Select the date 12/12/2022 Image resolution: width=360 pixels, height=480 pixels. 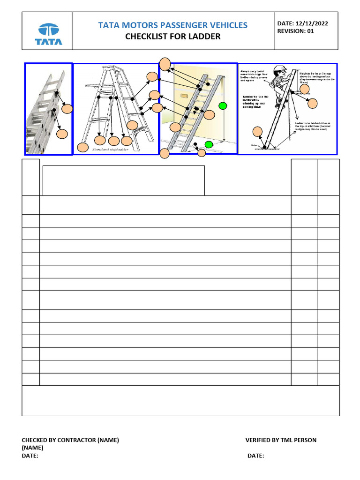tap(315, 23)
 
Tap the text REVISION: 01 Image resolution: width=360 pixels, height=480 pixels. tap(296, 31)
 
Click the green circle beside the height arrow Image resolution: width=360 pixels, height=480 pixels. tap(223, 105)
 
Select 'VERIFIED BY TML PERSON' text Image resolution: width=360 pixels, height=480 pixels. tap(281, 440)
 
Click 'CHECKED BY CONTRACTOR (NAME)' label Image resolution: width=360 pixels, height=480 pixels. tap(70, 440)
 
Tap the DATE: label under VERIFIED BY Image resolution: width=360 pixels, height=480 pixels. tap(255, 456)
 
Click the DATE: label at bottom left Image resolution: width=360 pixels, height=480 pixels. tap(30, 456)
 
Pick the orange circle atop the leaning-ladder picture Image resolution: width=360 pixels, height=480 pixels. tap(165, 64)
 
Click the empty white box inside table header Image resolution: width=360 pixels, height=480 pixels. tap(124, 180)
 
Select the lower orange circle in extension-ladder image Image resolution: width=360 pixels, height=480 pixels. tap(62, 134)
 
